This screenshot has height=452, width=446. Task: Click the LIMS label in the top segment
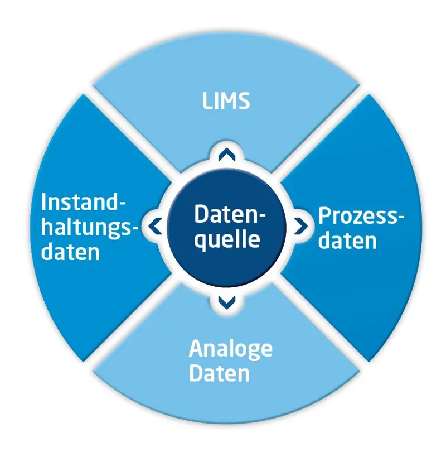point(225,102)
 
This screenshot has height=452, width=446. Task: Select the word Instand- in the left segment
point(84,202)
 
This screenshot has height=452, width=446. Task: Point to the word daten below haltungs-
point(71,252)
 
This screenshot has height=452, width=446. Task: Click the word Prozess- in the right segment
point(361,215)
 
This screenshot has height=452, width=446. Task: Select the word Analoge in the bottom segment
point(230,349)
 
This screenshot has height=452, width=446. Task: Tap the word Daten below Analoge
point(219,373)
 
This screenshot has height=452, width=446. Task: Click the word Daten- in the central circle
point(230,214)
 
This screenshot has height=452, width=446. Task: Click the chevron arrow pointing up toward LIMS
point(226,153)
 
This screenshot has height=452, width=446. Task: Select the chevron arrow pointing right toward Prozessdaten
point(300,226)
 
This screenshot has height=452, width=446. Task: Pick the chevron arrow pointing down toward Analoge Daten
point(226,302)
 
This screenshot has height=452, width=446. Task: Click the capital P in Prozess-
point(323,215)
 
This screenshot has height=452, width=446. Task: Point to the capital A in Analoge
point(196,349)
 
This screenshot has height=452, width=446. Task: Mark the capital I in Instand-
point(45,202)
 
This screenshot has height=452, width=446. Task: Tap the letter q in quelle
point(201,241)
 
